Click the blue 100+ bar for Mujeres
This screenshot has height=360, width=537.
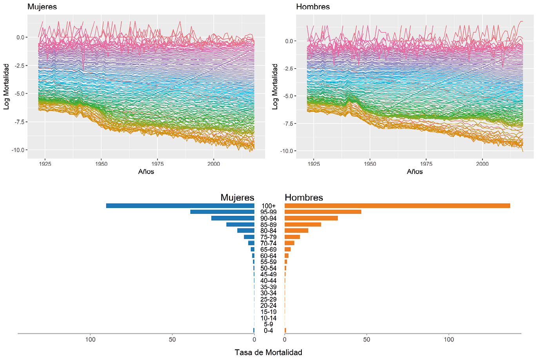tap(180, 206)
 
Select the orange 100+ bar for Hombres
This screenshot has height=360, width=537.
tap(397, 206)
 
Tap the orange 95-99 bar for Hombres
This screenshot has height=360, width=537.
tap(323, 212)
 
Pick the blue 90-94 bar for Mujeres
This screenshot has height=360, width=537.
tap(233, 218)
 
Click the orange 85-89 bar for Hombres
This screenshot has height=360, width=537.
tap(303, 224)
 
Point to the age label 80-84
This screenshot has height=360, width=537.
tap(268, 231)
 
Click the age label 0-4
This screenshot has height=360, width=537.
tap(268, 331)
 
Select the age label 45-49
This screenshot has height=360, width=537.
tap(268, 274)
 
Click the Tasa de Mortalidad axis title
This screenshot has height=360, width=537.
tap(268, 352)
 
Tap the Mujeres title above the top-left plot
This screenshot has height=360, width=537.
tap(42, 7)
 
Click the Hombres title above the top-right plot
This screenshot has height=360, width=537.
tap(313, 7)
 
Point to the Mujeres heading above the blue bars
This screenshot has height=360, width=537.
tap(237, 197)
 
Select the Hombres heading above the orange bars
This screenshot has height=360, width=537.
tap(304, 197)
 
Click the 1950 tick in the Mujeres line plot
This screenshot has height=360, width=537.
tap(101, 164)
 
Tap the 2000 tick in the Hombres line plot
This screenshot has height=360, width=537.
tap(482, 164)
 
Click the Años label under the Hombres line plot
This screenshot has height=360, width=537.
tap(415, 172)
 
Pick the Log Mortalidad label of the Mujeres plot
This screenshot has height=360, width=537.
tap(6, 87)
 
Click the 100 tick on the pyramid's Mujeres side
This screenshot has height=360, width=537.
tap(91, 340)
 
